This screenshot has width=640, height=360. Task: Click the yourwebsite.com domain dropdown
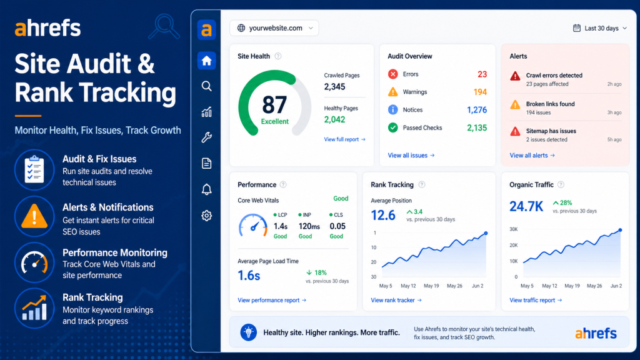274,28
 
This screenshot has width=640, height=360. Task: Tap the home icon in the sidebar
207,61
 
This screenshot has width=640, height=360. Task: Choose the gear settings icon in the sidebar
207,216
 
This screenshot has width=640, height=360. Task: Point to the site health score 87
274,104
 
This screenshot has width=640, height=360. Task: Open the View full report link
344,139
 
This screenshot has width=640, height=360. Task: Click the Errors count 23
482,74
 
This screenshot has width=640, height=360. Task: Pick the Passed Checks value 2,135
477,127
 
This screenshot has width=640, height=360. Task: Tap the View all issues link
411,155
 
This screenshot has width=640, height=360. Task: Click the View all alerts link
532,155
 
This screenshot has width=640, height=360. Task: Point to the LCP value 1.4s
280,226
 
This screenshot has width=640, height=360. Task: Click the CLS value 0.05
337,226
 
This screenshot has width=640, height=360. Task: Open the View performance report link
272,300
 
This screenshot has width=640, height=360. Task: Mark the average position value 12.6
383,215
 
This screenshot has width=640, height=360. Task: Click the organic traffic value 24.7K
526,206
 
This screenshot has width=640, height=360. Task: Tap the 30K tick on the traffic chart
513,229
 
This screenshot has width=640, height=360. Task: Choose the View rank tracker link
396,300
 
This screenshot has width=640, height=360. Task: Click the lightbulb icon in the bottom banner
249,332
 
